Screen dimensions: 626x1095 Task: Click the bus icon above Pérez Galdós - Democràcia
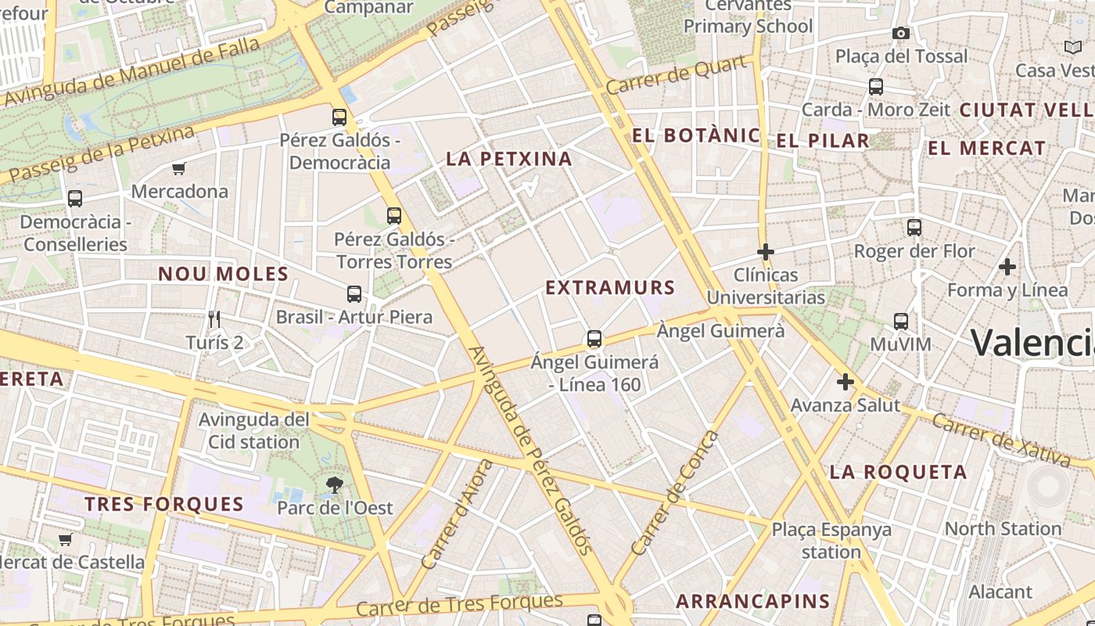(339, 117)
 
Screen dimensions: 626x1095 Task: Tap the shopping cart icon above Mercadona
(179, 168)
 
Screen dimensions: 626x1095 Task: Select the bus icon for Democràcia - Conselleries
(75, 199)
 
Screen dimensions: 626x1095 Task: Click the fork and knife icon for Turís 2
(215, 318)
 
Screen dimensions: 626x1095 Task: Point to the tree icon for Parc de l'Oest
(335, 485)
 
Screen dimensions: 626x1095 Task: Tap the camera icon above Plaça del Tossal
(901, 33)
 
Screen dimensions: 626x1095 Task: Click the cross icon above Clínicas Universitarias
(766, 252)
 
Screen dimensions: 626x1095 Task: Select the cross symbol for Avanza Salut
(845, 382)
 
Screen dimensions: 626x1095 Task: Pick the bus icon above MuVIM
(901, 321)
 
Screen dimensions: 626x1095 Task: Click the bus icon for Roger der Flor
(914, 228)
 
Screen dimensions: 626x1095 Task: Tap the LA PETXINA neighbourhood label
(509, 159)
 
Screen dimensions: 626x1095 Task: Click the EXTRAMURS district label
(610, 288)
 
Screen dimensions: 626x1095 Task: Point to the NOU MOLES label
(224, 274)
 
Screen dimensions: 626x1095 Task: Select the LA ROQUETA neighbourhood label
(898, 472)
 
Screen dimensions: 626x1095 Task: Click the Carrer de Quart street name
(677, 75)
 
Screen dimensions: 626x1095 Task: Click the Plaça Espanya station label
(831, 541)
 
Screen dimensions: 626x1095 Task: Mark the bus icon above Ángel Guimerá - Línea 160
(594, 339)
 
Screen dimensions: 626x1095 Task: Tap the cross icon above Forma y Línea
(1007, 267)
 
